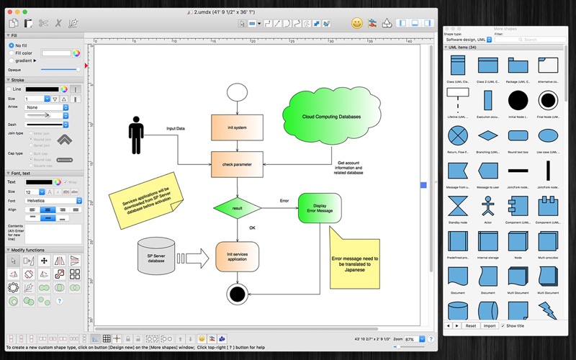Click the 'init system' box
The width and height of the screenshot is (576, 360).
click(237, 127)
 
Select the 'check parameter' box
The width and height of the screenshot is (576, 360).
click(237, 164)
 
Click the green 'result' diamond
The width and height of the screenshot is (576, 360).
click(237, 208)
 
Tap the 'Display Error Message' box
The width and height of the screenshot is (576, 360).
click(319, 208)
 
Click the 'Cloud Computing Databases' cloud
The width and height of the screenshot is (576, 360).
click(332, 116)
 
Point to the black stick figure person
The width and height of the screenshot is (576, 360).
click(135, 135)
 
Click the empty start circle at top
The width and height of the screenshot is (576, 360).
click(237, 92)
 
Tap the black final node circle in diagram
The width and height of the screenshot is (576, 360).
click(237, 293)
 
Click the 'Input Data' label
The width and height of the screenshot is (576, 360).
click(175, 128)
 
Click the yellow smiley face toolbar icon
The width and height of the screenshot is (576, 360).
click(356, 23)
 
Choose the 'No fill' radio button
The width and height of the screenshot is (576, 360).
click(12, 45)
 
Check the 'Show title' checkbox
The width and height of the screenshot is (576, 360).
click(503, 325)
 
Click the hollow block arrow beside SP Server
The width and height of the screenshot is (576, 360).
click(192, 258)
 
